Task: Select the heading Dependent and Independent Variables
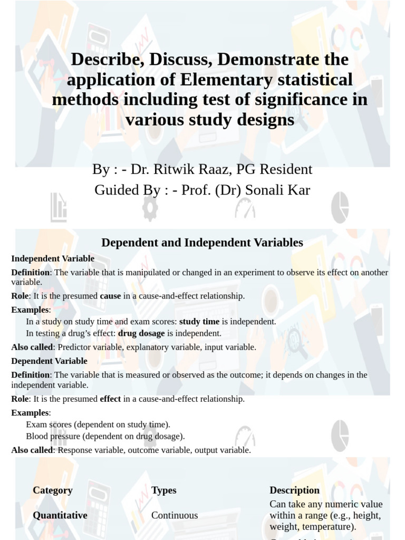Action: pos(202,243)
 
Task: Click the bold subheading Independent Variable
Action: pos(53,258)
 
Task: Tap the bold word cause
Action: pos(110,296)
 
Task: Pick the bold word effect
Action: pos(110,399)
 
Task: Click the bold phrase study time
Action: pos(199,321)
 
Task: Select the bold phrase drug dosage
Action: pos(141,333)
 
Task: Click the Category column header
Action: pos(52,490)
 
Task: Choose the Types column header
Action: pos(163,490)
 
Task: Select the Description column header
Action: pos(294,490)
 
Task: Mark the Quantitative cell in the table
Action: pos(60,515)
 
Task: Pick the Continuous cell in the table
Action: pos(175,515)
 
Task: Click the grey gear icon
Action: pos(150,208)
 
